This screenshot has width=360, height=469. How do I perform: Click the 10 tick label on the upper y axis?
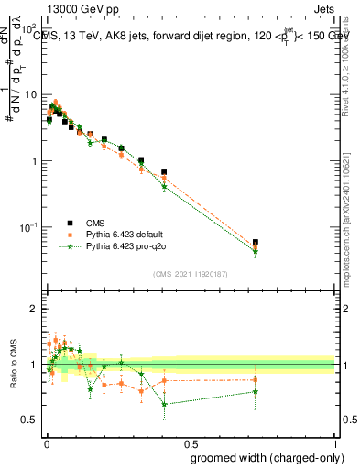[30, 94]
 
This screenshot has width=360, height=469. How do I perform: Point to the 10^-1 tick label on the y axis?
[28, 227]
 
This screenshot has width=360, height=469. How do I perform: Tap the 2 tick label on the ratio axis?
[34, 309]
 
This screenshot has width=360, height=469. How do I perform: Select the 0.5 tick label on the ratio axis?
[29, 420]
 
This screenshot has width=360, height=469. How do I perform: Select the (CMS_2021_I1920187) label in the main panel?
[190, 274]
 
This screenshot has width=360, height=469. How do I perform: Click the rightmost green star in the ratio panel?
[256, 392]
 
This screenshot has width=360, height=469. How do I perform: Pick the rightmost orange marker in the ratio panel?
[256, 379]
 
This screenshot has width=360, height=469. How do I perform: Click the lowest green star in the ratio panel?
[164, 404]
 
